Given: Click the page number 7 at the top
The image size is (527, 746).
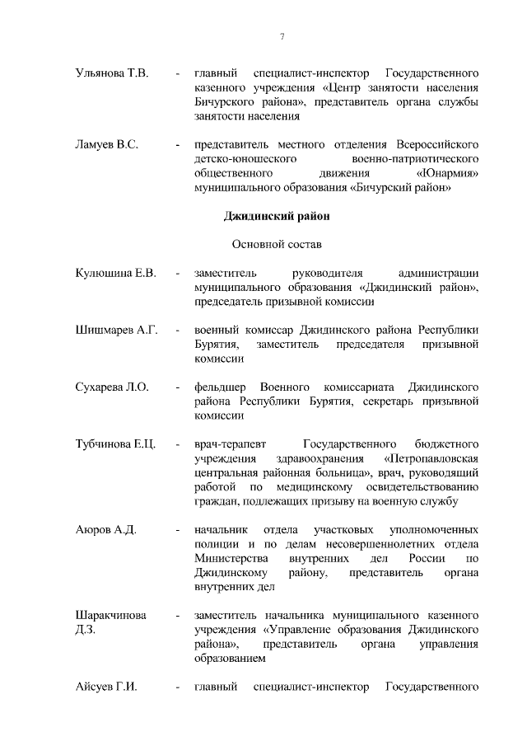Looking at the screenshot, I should [282, 37].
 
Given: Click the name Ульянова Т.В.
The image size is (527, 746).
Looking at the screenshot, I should [111, 73].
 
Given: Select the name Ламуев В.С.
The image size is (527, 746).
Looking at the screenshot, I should [106, 144].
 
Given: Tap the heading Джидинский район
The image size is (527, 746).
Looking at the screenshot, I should [277, 217].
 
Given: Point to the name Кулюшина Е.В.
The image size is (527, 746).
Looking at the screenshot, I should [115, 273].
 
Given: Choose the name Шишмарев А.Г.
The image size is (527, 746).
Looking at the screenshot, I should [116, 330].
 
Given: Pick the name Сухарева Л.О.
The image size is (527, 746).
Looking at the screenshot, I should [112, 387].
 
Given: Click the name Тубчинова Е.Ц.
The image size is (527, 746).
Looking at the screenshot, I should [116, 443].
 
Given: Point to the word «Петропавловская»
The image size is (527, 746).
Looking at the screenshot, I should [431, 458].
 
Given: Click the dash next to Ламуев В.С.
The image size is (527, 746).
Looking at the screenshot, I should [177, 145].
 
